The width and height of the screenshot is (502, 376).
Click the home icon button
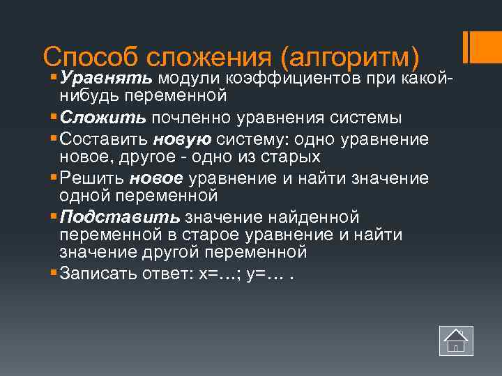(x=456, y=341)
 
